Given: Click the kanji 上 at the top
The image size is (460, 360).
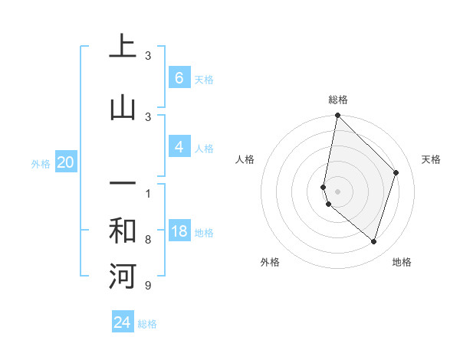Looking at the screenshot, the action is pos(123,47).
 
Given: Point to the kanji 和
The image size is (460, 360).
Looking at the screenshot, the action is pos(123,231).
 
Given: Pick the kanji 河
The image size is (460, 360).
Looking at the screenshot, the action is pos(123,276).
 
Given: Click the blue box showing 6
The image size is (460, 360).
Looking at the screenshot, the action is pos(179,77).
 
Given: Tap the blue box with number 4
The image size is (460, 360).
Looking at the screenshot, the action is pos(179,147).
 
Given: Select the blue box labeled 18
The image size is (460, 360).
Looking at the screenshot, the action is pos(179,231).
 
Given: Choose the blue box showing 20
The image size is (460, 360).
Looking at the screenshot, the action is pos(66,162).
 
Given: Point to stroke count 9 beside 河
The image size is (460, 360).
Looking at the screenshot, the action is pos(147,286).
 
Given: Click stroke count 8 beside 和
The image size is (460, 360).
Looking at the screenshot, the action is pos(147,240).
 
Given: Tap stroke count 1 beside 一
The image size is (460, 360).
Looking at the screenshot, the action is pos(147,193).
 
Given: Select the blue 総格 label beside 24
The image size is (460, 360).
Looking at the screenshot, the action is pos(147,324).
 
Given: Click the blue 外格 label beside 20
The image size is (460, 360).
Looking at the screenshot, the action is pos(41,163).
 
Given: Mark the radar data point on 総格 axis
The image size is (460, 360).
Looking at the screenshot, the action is pos(337,115).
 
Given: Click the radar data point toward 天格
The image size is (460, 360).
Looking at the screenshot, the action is pos(396,172).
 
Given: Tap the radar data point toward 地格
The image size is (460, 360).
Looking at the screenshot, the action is pos(374,242).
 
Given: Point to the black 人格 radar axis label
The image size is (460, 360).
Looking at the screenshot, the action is pos(245,159).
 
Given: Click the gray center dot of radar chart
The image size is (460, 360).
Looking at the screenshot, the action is pos(337,191).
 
